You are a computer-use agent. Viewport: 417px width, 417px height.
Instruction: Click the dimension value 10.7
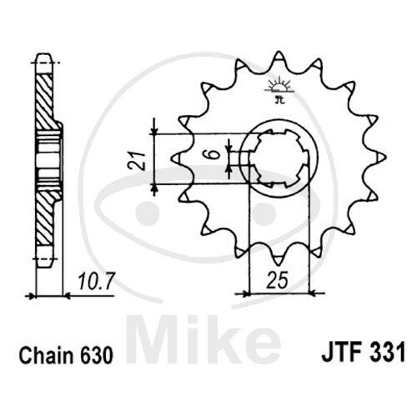[x=95, y=281]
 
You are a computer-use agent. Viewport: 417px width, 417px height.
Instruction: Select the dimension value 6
[x=214, y=154]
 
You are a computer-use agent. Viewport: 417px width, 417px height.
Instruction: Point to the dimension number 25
[x=278, y=280]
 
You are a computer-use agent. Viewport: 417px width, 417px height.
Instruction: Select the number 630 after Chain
[x=97, y=355]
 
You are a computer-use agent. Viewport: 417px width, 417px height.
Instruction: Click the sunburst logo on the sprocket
[x=279, y=88]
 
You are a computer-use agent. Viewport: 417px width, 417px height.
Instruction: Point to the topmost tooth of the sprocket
[x=279, y=56]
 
